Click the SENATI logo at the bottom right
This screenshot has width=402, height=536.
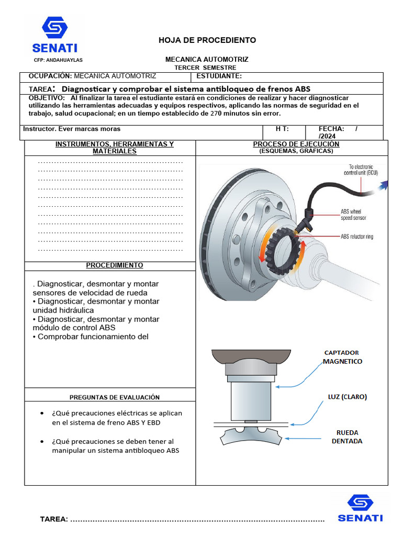(360, 508)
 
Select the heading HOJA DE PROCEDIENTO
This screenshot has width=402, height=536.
(207, 40)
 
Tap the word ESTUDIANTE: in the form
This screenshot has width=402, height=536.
(219, 76)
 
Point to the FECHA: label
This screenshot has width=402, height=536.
(331, 129)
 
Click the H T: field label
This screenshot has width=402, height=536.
(282, 129)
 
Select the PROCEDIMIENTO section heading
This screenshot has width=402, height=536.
(115, 265)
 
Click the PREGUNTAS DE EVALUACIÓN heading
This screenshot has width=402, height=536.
(115, 397)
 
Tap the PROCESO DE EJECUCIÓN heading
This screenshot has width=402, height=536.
(296, 144)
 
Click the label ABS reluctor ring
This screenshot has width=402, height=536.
(357, 237)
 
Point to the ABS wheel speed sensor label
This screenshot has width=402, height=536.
(353, 215)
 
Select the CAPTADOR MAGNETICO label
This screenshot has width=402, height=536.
(342, 357)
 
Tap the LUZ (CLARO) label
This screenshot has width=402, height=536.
(348, 397)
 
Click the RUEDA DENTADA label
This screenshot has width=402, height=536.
(348, 437)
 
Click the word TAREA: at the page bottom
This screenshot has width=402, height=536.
(54, 519)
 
